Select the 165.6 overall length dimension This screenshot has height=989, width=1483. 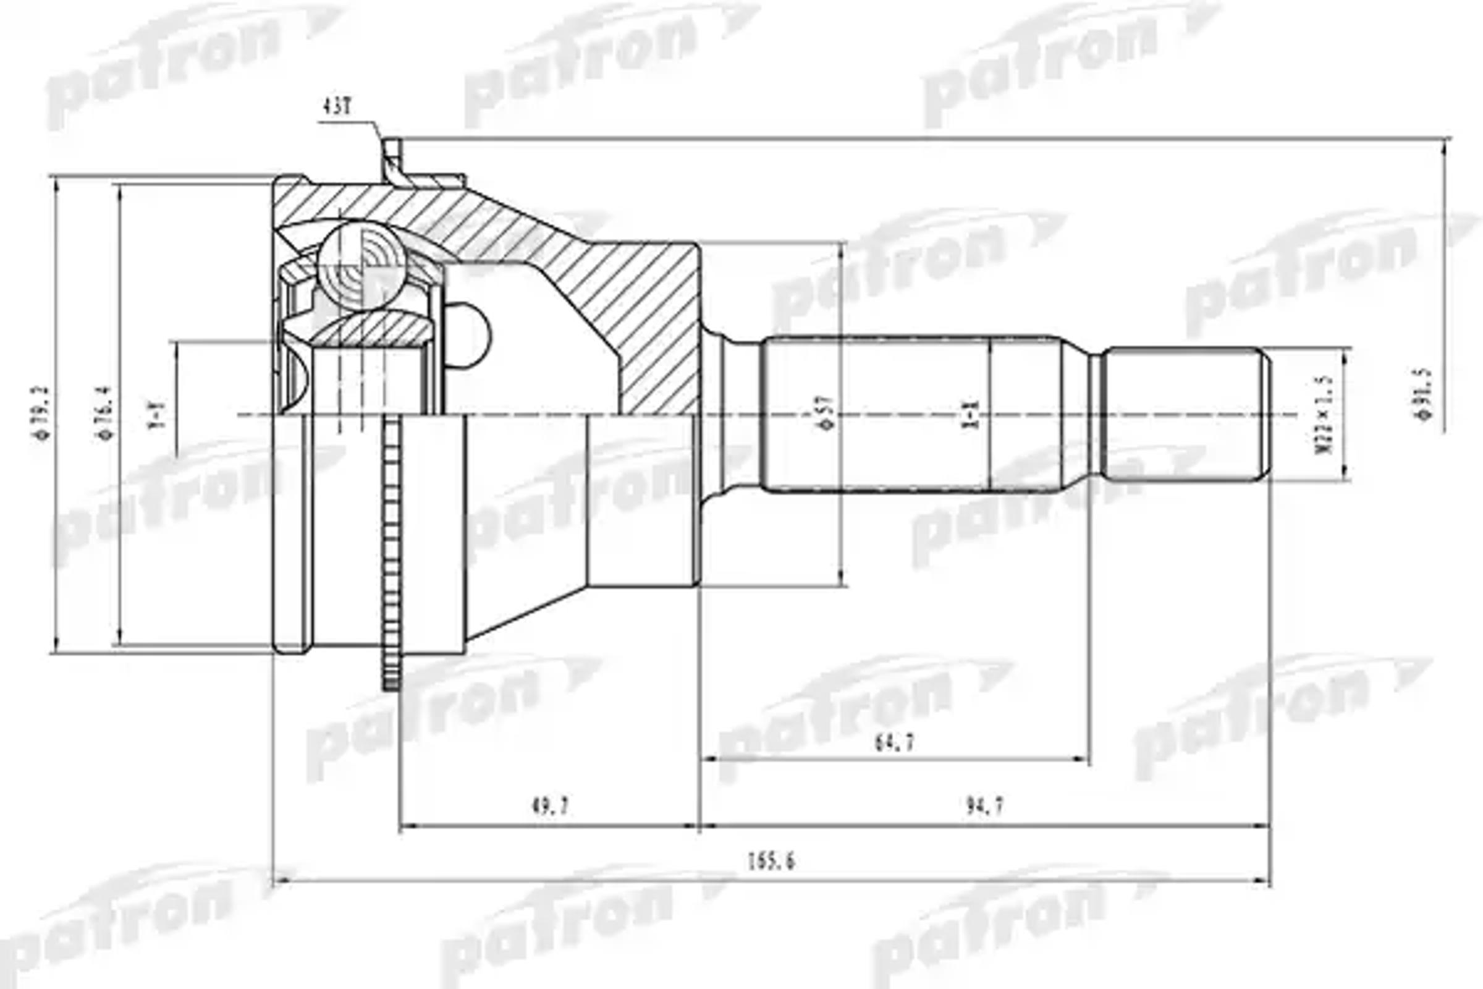pyautogui.click(x=771, y=861)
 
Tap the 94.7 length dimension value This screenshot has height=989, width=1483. pyautogui.click(x=985, y=805)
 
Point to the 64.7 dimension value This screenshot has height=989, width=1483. pyautogui.click(x=894, y=744)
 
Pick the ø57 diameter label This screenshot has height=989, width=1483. pyautogui.click(x=827, y=413)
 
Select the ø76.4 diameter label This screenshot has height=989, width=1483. pyautogui.click(x=104, y=413)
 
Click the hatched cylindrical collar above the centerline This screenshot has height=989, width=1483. pyautogui.click(x=659, y=328)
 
